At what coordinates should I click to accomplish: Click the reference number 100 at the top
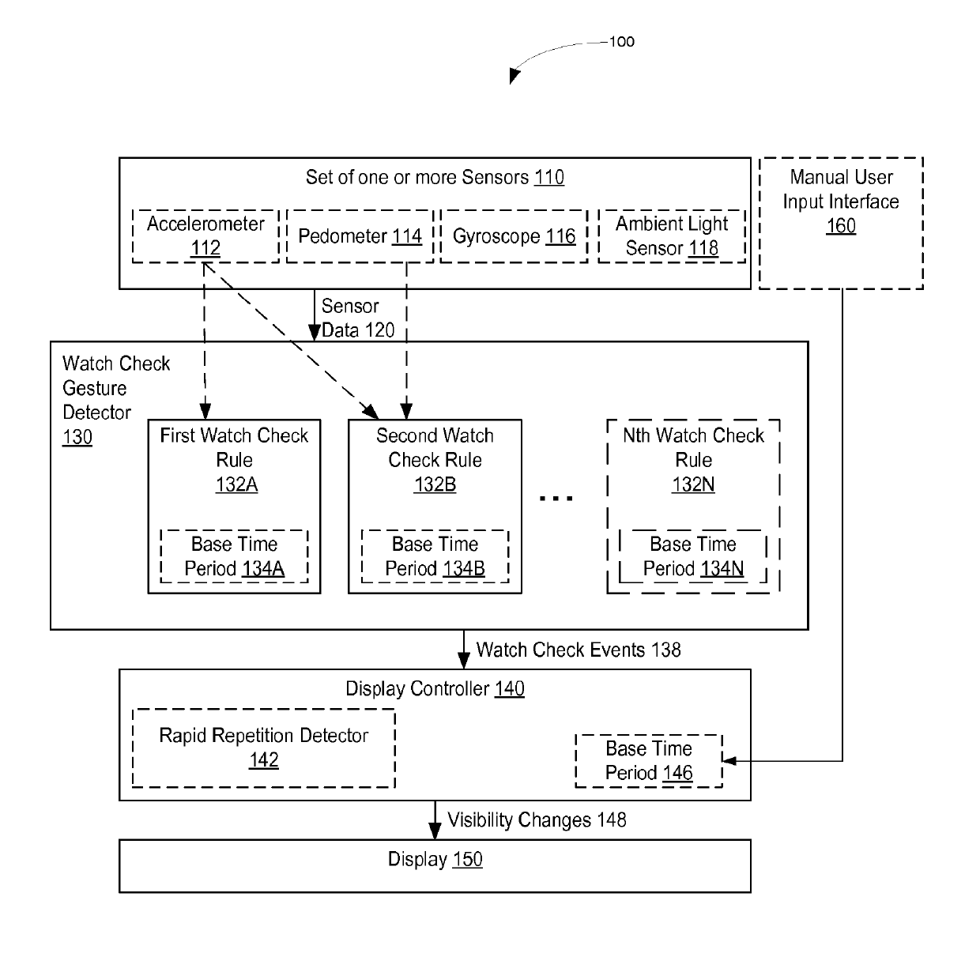pos(621,42)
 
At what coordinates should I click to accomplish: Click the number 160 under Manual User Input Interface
pos(840,226)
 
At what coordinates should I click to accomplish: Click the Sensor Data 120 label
pos(357,318)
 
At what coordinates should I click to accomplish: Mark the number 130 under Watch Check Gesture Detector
pos(77,437)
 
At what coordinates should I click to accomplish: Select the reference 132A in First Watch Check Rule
pos(236,484)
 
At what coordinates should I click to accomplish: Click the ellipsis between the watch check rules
pos(556,499)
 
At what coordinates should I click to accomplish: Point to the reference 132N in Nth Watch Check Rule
pos(693,484)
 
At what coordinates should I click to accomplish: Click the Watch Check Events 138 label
pos(579,650)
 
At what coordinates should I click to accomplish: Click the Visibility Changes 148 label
pos(537,820)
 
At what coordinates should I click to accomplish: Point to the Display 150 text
pos(435,859)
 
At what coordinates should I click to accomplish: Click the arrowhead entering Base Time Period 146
pos(729,760)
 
